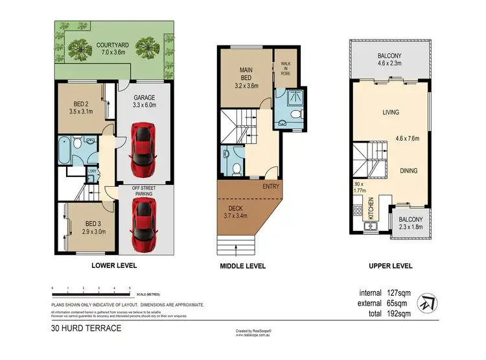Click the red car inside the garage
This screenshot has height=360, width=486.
click(145, 149)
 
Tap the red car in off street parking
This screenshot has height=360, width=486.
click(145, 224)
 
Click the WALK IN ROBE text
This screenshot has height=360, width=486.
click(286, 69)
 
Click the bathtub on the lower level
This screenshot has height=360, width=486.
click(65, 150)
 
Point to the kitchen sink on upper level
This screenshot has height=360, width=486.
click(373, 227)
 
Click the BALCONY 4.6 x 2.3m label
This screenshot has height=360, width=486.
click(391, 60)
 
